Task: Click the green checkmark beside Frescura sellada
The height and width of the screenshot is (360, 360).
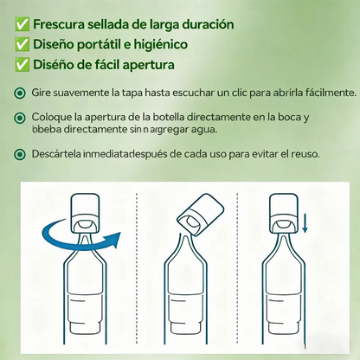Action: (22, 24)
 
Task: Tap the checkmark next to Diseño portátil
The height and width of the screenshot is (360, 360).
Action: (22, 44)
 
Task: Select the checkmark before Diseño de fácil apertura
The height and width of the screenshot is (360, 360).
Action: (22, 64)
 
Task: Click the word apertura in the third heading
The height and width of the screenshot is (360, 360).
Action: (149, 65)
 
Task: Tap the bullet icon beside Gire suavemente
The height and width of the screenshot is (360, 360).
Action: (20, 93)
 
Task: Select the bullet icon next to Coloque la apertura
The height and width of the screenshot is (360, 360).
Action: (20, 118)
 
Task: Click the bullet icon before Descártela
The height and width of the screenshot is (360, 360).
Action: (20, 154)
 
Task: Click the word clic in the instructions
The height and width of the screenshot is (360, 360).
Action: (239, 93)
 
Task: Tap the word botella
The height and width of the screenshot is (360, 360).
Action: (169, 117)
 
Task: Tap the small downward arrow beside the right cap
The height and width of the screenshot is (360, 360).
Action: (305, 226)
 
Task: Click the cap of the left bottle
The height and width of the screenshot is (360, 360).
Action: (84, 214)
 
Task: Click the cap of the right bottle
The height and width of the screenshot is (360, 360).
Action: (283, 214)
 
